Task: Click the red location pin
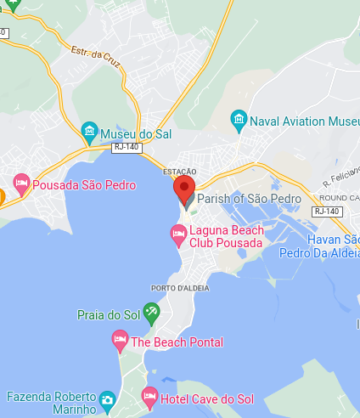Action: [x=184, y=189]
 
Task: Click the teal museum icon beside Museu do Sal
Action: [x=90, y=133]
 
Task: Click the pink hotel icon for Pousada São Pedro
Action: [x=21, y=184]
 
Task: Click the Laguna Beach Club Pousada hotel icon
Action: [x=178, y=232]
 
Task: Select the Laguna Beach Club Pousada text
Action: [x=227, y=236]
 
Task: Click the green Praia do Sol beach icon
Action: [x=151, y=313]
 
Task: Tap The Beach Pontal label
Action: [x=177, y=342]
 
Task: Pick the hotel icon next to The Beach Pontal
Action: [x=120, y=342]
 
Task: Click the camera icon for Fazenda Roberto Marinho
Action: [x=107, y=399]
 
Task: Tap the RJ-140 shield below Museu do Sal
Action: [x=126, y=148]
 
